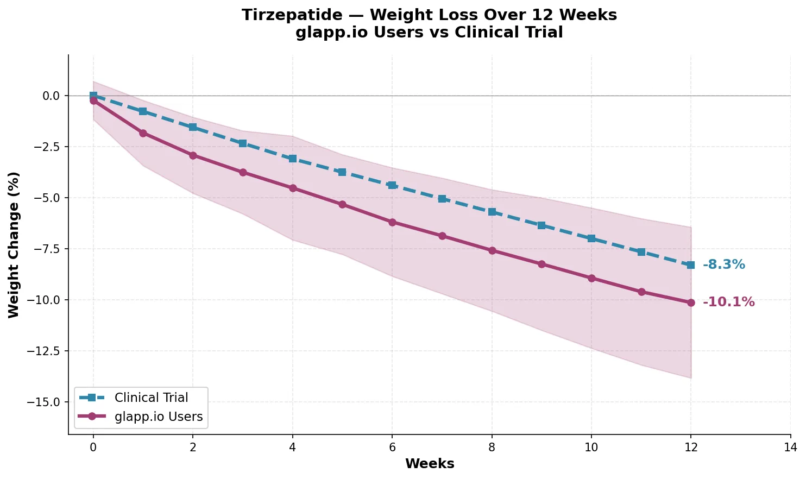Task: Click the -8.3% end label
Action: click(723, 265)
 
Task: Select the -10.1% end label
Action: click(728, 302)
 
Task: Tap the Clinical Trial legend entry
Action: click(151, 398)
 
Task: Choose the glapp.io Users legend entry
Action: click(159, 417)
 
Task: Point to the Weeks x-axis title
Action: click(430, 464)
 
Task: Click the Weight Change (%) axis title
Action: click(14, 244)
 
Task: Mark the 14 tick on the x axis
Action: click(791, 447)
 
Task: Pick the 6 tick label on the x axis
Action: click(392, 447)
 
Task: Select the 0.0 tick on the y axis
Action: click(52, 96)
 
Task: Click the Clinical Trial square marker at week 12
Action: click(691, 265)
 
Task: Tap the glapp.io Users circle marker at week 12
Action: click(691, 302)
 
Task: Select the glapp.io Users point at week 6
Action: click(392, 222)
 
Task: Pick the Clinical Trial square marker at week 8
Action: click(492, 212)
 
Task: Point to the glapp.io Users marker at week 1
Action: click(143, 133)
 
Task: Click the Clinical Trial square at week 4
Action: click(293, 159)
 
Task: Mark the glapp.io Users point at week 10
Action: click(591, 278)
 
